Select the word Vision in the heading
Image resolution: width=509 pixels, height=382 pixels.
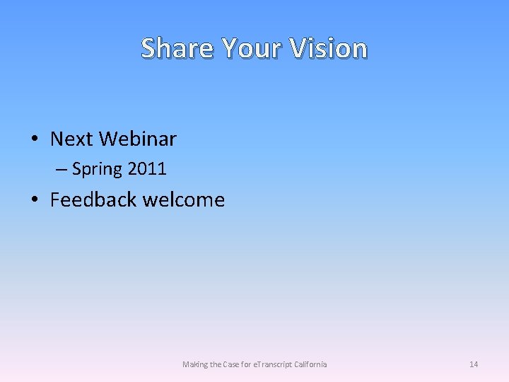[x=329, y=48]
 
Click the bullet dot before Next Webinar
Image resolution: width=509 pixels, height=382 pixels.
[x=35, y=139]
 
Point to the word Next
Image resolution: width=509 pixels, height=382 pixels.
[x=71, y=139]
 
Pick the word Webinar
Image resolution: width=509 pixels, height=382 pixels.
[x=137, y=139]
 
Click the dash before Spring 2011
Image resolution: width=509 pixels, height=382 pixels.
[x=62, y=169]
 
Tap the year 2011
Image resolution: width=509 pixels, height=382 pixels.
[x=147, y=169]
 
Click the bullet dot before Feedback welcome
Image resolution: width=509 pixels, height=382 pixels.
[x=35, y=200]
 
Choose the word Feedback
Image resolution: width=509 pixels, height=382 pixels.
[x=93, y=199]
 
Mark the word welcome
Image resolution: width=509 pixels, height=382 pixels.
[x=184, y=199]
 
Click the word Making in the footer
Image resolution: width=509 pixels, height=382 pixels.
[x=195, y=364]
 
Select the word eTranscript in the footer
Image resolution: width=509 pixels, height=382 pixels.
[x=276, y=364]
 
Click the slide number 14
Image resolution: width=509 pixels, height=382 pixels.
[x=474, y=364]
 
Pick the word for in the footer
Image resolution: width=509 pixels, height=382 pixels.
[x=247, y=364]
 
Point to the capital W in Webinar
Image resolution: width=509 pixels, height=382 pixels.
[x=108, y=139]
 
